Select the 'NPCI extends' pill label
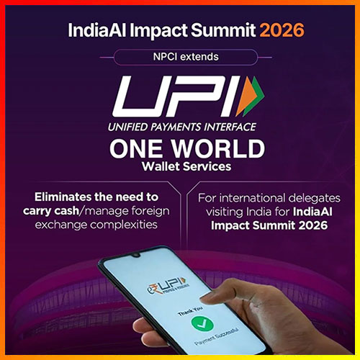click(180, 55)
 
